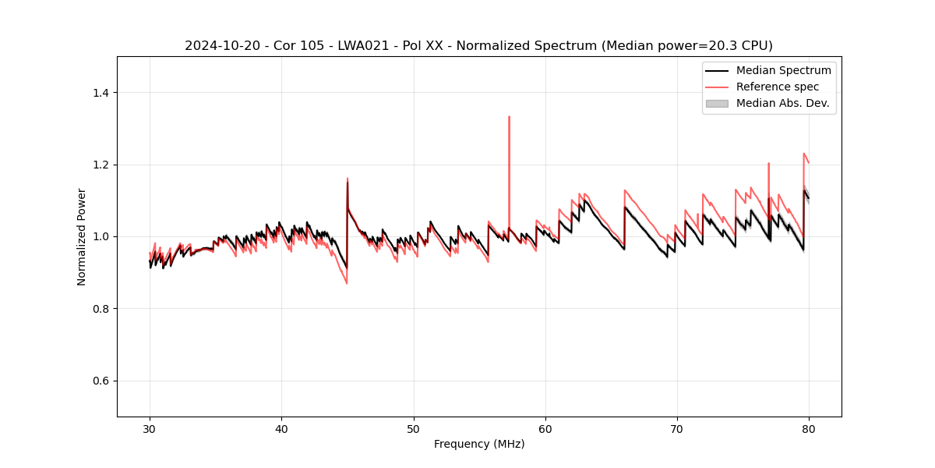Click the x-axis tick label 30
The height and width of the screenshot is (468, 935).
pos(150,428)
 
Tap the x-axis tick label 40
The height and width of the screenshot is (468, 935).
pos(281,428)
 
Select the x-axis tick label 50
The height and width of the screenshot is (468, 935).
pos(414,428)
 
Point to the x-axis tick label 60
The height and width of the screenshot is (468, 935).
pos(545,428)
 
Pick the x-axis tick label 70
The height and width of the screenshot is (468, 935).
pos(677,428)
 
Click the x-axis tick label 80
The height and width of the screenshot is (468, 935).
pos(809,428)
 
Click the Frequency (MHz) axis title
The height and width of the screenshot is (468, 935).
pos(479,444)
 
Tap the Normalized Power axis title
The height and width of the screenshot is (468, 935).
pos(82,236)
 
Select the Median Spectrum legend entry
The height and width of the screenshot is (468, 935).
pos(783,70)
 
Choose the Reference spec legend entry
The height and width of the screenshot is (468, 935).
pos(777,87)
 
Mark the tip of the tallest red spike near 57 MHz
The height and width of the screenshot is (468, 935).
pos(509,117)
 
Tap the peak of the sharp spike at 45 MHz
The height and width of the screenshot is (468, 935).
pos(348,179)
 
